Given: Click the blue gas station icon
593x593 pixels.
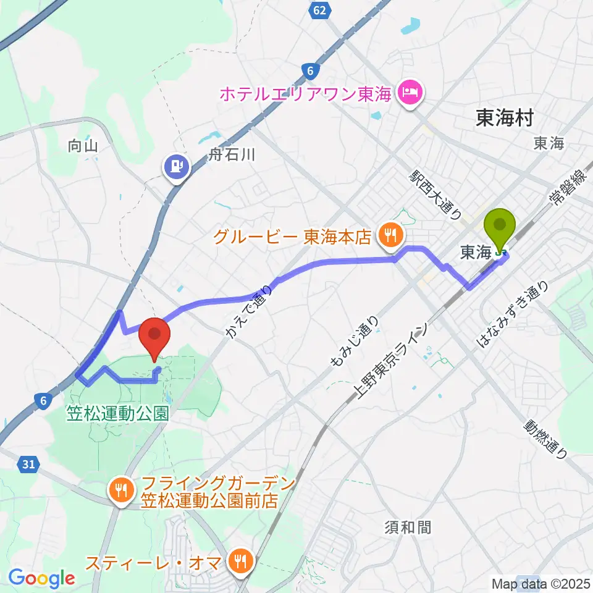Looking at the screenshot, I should coord(177,166).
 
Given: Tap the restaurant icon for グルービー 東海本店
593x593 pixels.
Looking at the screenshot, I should coord(390,235).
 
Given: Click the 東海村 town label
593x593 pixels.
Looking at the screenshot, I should coord(504,118).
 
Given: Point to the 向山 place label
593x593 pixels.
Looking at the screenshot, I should coord(83,146).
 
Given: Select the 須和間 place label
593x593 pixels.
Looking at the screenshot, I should coord(407,528).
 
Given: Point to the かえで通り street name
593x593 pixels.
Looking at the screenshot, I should coord(250,311).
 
